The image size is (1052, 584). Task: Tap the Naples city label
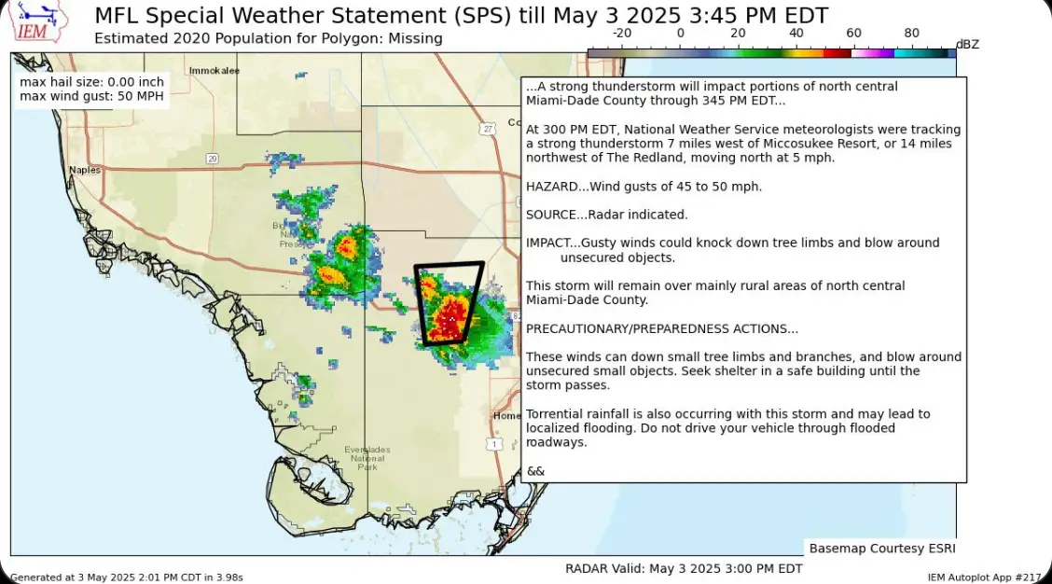84,170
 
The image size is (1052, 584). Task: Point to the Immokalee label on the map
214,71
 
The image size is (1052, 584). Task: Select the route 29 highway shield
213,159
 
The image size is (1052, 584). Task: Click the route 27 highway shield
487,129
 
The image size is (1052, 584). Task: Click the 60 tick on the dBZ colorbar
853,34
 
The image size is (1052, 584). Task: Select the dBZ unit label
967,44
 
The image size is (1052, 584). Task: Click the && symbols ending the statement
535,471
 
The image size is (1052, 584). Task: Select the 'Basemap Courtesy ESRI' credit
881,549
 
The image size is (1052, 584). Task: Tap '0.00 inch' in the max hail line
137,82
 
